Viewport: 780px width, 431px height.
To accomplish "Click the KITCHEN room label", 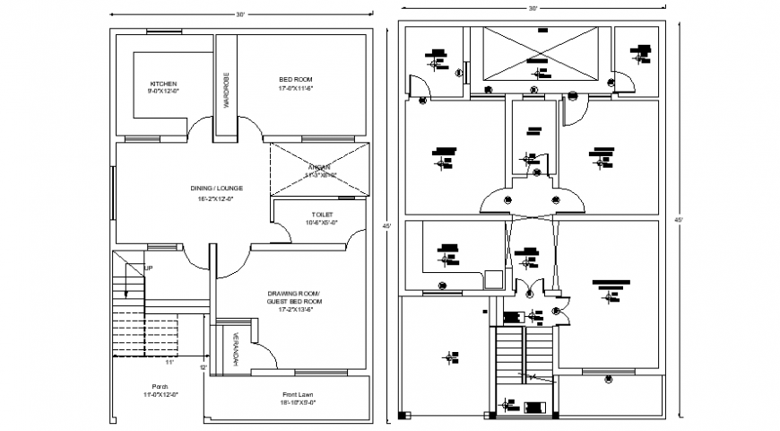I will pyautogui.click(x=164, y=84).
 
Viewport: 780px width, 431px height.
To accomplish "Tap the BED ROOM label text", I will pyautogui.click(x=295, y=80).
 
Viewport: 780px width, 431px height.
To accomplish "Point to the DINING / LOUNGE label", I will pyautogui.click(x=216, y=188).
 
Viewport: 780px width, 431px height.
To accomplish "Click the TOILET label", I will pyautogui.click(x=322, y=214).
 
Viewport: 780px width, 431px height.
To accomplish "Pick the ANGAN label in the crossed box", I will pyautogui.click(x=319, y=167).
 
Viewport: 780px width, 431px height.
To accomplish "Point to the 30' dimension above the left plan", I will pyautogui.click(x=240, y=15).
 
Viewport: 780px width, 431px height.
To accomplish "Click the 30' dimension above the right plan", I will pyautogui.click(x=533, y=8).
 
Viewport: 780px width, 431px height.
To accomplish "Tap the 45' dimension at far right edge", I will pyautogui.click(x=679, y=219).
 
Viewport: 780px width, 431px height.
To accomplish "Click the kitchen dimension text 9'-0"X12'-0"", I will pyautogui.click(x=164, y=91).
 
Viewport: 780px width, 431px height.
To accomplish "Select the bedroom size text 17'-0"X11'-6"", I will pyautogui.click(x=295, y=88).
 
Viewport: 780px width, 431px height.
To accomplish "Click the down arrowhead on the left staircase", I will pyautogui.click(x=127, y=297).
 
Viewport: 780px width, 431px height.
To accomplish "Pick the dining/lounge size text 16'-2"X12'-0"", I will pyautogui.click(x=215, y=198).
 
